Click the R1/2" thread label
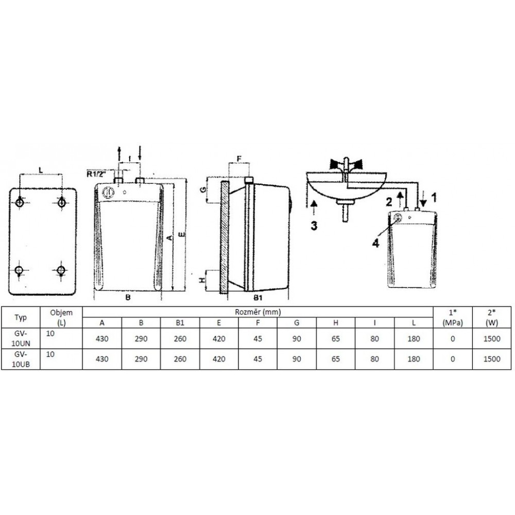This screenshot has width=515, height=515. [x=97, y=174]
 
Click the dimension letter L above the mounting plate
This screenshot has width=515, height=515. [x=41, y=170]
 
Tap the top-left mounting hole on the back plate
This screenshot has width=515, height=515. [x=20, y=202]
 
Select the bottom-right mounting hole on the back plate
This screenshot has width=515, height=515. [x=61, y=270]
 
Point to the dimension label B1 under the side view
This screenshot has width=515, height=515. [x=258, y=298]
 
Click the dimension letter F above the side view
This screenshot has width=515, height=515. [x=239, y=159]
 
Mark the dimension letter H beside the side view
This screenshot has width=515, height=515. [x=202, y=280]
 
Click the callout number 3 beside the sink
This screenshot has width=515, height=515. [x=314, y=226]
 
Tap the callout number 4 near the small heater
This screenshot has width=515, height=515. [x=375, y=243]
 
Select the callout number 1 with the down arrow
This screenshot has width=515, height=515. [x=434, y=198]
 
